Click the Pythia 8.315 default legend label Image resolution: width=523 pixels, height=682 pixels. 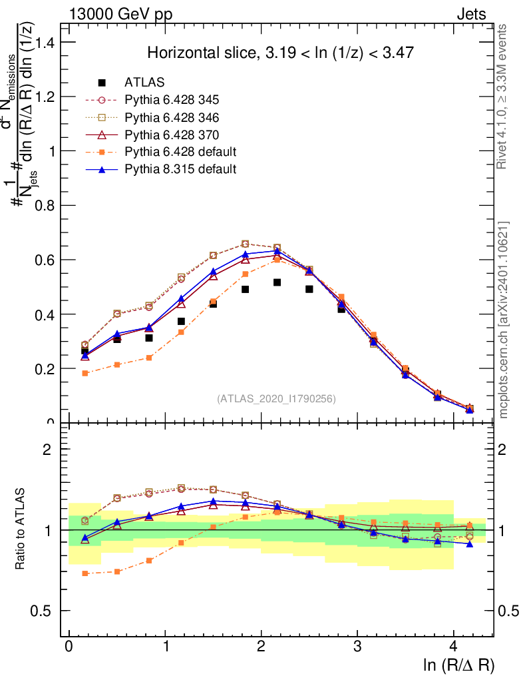pos(180,170)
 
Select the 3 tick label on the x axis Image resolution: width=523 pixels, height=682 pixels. pos(357,647)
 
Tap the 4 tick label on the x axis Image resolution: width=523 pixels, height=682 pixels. pos(453,647)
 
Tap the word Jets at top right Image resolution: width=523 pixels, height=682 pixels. pos(472,13)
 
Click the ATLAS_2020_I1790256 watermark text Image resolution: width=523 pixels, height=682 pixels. pos(276,399)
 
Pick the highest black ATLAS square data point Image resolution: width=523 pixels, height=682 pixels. pos(277,282)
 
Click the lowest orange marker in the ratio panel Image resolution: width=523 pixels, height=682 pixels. pos(85,573)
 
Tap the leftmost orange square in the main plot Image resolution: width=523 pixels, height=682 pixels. pos(85,373)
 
